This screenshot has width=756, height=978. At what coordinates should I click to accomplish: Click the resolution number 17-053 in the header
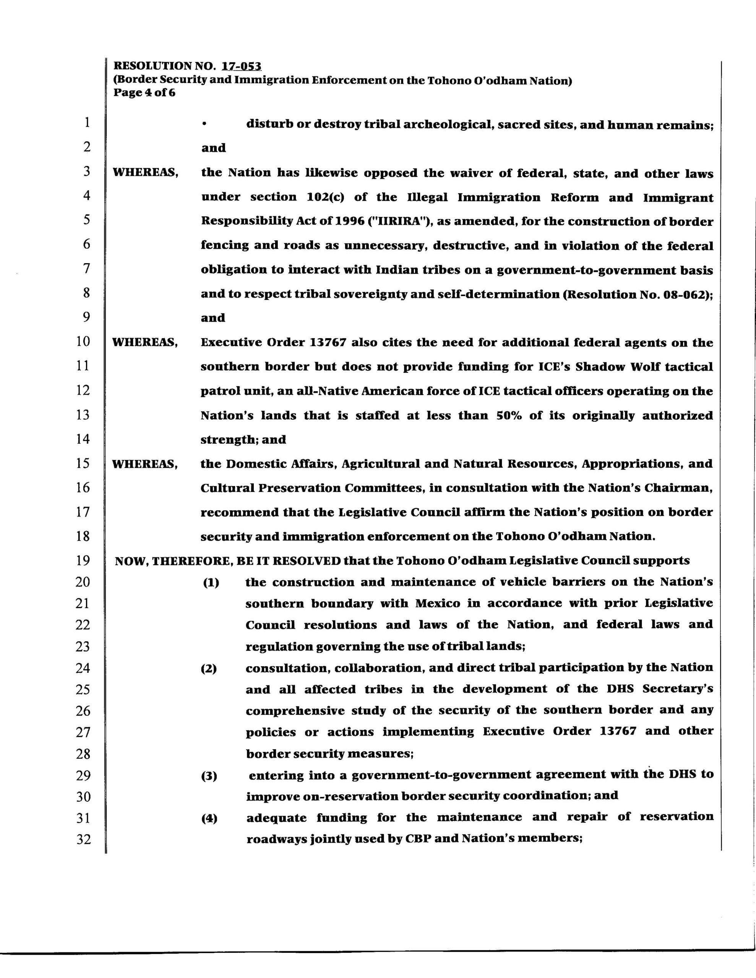coord(242,66)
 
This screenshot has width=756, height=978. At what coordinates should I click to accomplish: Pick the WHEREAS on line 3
coord(145,173)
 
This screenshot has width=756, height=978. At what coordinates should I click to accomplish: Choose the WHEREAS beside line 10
coord(145,343)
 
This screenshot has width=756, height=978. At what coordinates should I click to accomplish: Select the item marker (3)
coord(209,776)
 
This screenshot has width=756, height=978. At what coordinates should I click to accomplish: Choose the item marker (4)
coord(209,819)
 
